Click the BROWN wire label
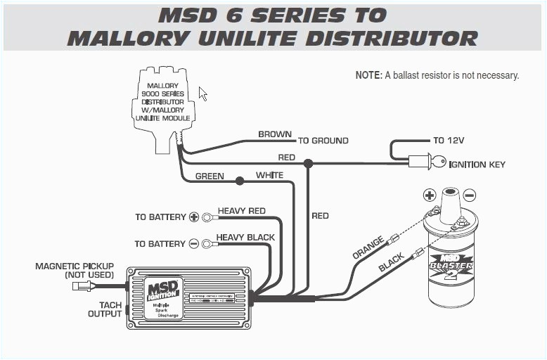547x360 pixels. tap(275, 134)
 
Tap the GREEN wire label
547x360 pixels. tap(210, 176)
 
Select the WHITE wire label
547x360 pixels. tap(269, 175)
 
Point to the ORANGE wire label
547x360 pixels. tap(368, 248)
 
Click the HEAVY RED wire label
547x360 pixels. tap(241, 211)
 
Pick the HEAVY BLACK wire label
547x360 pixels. tap(245, 238)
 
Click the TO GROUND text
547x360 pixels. tap(323, 141)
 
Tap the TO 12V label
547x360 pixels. tap(449, 141)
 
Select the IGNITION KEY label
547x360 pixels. tap(477, 165)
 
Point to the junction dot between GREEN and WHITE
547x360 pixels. tap(240, 181)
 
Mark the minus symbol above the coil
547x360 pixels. tap(469, 195)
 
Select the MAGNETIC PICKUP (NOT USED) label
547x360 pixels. tap(74, 271)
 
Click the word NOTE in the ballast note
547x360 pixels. tap(368, 75)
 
